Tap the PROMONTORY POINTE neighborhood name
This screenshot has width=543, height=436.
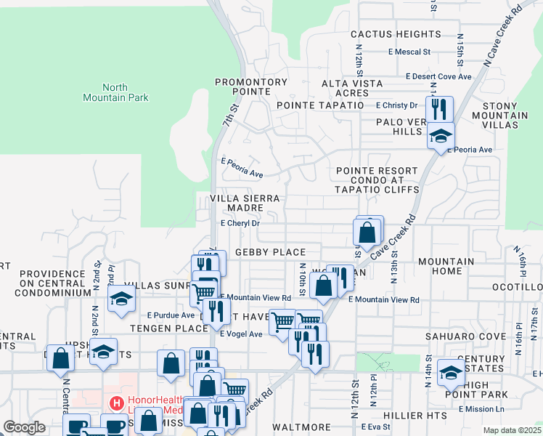[251, 87]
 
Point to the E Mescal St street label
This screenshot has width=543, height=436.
[409, 52]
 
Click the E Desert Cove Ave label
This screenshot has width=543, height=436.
[438, 76]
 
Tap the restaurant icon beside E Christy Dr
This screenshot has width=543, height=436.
[439, 109]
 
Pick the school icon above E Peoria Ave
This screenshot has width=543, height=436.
[440, 135]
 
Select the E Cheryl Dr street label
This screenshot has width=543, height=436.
[240, 224]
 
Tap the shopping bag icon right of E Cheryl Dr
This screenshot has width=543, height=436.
[367, 233]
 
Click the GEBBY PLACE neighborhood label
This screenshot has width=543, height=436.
[270, 252]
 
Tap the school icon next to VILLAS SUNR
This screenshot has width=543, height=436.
[121, 298]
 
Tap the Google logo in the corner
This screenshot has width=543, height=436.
[24, 427]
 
